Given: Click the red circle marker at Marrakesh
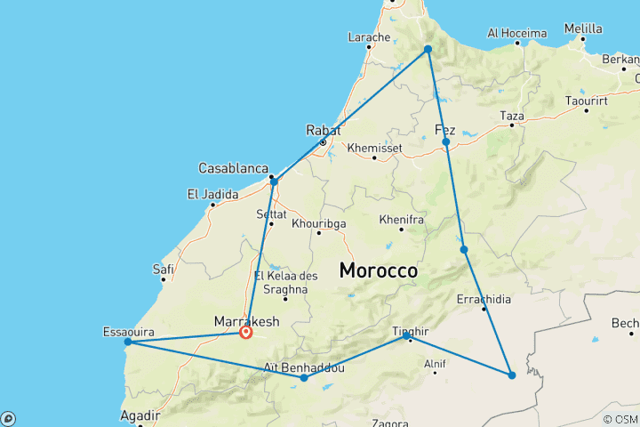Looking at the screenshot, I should pyautogui.click(x=246, y=333).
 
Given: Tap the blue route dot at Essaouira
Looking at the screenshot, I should pyautogui.click(x=128, y=342).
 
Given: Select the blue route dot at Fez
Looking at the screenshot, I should pyautogui.click(x=446, y=142).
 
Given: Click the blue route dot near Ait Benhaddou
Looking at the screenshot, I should pyautogui.click(x=304, y=378).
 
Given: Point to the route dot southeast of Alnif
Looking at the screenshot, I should pyautogui.click(x=512, y=375).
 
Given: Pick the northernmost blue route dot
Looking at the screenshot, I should pyautogui.click(x=428, y=49).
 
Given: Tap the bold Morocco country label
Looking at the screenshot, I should pyautogui.click(x=379, y=270).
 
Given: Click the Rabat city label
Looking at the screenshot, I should pyautogui.click(x=323, y=129).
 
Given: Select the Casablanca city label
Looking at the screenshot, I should pyautogui.click(x=234, y=168).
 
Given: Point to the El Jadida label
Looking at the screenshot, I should pyautogui.click(x=212, y=194).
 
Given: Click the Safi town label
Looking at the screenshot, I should pyautogui.click(x=163, y=269).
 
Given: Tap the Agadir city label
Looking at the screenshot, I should pyautogui.click(x=140, y=415).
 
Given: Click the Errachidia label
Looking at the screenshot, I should pyautogui.click(x=484, y=300).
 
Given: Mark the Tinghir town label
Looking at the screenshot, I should pyautogui.click(x=411, y=332).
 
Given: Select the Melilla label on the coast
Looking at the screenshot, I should pyautogui.click(x=583, y=28).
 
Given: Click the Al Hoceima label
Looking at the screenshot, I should pyautogui.click(x=516, y=33).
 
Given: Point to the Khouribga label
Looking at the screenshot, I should pyautogui.click(x=318, y=223).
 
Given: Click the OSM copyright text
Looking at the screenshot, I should pyautogui.click(x=620, y=419).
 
